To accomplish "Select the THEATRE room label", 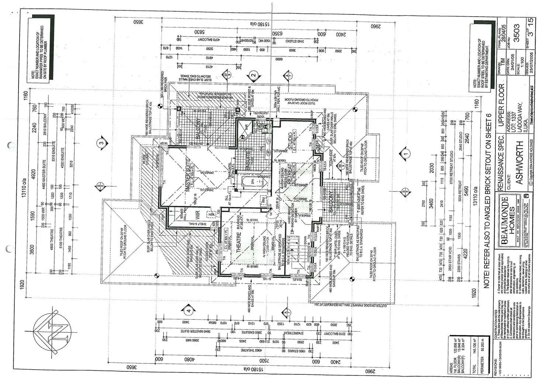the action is (238, 242).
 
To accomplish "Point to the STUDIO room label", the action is (290, 142).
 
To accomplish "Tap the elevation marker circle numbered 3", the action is (101, 143).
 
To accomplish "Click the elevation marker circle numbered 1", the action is (406, 153).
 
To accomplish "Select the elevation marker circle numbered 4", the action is (189, 311).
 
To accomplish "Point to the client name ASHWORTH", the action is (519, 162).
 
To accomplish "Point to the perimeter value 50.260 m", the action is (483, 349).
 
